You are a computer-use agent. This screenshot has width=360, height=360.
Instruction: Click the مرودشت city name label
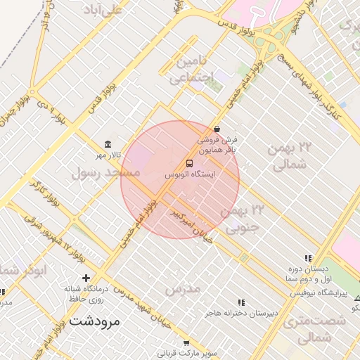click(x=95, y=321)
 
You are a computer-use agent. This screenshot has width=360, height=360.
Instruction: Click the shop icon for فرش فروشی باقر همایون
click(x=217, y=129)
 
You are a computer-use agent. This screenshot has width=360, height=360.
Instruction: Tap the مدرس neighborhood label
click(x=183, y=288)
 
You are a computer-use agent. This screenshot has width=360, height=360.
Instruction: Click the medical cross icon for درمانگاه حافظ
click(x=86, y=278)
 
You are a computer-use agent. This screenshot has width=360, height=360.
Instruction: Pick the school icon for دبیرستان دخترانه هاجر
click(x=242, y=302)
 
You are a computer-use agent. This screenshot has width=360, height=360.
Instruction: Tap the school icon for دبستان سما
click(x=307, y=259)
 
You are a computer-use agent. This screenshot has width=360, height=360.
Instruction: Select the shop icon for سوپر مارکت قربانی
click(x=186, y=343)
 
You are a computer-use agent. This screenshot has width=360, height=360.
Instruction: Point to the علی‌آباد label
click(x=102, y=11)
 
